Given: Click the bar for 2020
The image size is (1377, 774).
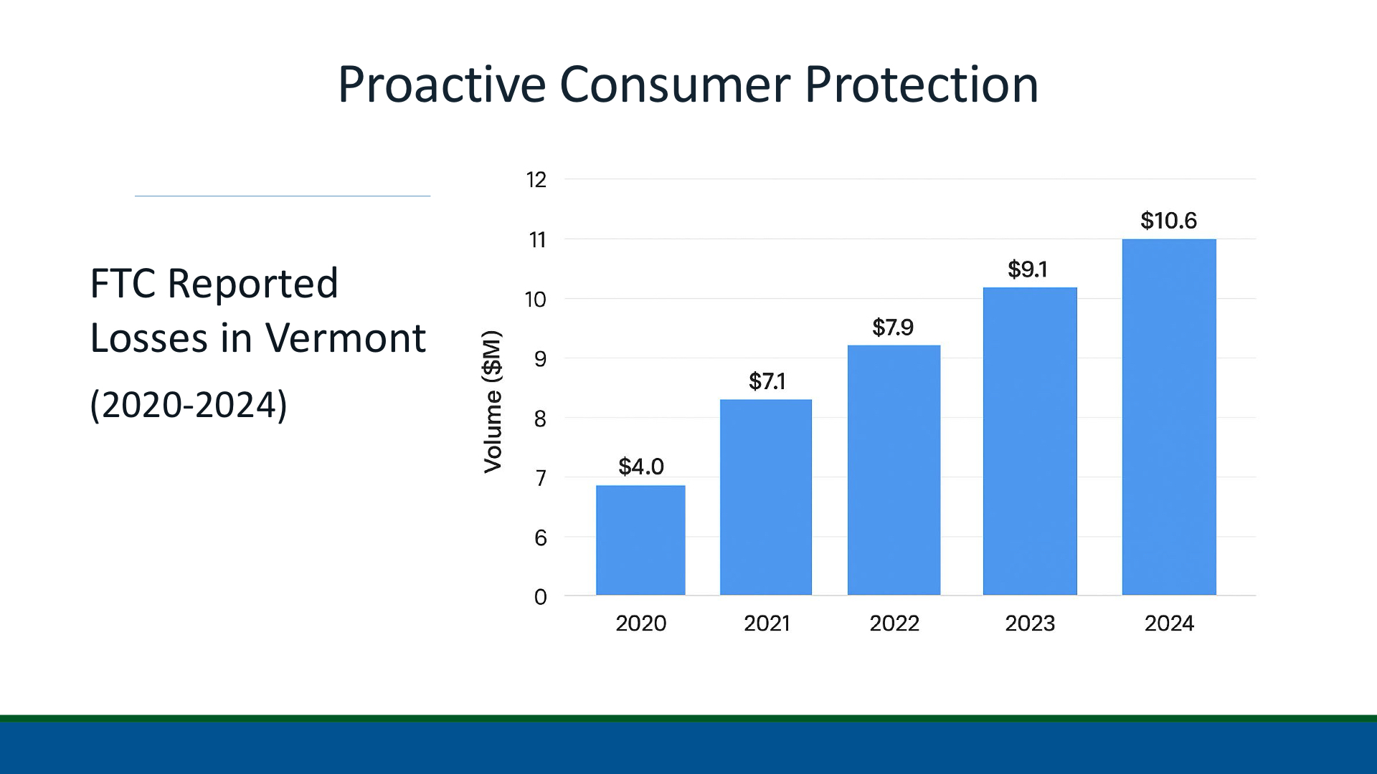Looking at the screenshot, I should [640, 540].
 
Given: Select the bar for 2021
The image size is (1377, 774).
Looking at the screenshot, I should [766, 497].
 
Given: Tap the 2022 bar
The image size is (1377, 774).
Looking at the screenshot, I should [894, 470].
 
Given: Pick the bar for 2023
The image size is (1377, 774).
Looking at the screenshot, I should [1030, 441].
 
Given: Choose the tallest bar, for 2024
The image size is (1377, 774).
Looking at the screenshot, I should [1169, 417].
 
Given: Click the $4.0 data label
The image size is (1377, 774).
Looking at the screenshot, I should [640, 467].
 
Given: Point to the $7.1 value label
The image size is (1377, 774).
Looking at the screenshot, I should [767, 381].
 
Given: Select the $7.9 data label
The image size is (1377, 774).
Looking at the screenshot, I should [893, 328].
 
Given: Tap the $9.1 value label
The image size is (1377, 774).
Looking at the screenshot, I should [1027, 269].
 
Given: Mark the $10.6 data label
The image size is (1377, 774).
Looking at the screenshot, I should [1168, 221].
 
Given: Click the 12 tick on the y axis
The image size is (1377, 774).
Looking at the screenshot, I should [536, 180].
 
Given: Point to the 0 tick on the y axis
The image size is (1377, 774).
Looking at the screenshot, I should [540, 597].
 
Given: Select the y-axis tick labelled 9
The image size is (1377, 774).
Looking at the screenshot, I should [540, 359].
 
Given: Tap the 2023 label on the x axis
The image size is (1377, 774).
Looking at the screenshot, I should [1030, 623].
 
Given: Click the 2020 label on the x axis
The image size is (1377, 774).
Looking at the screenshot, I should [640, 623].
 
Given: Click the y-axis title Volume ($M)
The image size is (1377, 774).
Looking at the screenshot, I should [492, 401].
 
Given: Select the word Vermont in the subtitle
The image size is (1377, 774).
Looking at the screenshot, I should [345, 338].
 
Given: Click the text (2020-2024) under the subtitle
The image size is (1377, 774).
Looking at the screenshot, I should [188, 405].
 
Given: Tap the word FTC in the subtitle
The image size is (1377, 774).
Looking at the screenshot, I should [123, 284].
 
